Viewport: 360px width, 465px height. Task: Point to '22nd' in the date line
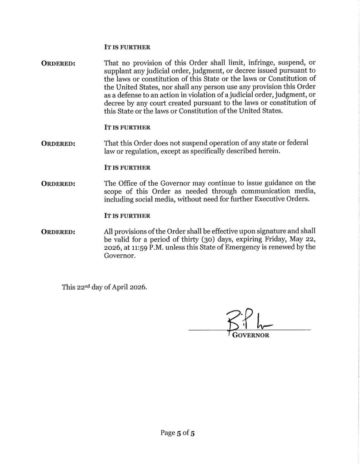(x=83, y=287)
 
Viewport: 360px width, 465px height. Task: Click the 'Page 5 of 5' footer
(x=178, y=433)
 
